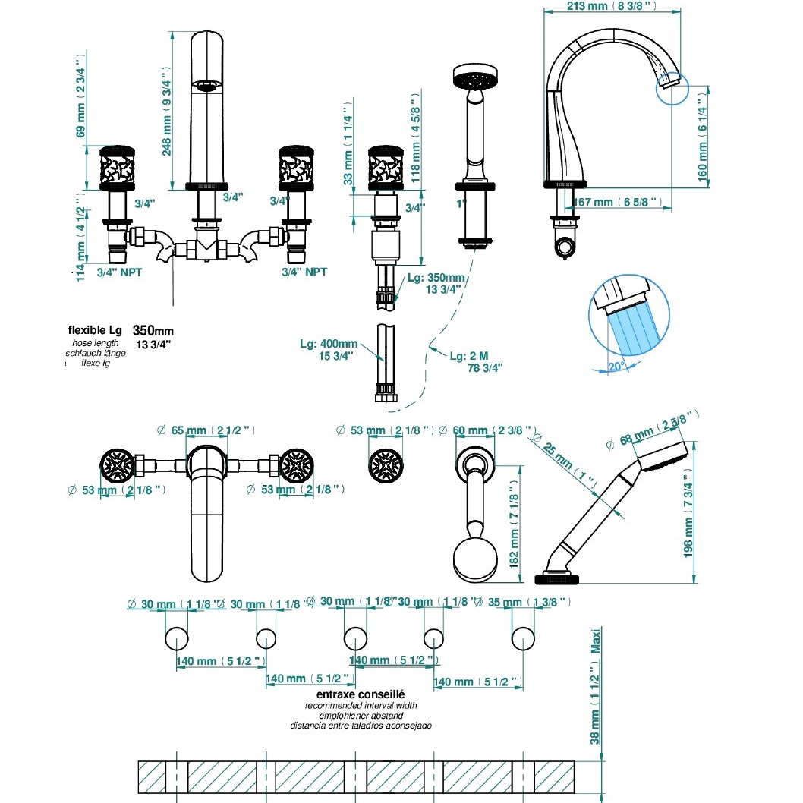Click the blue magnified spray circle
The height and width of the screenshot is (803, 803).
click(x=629, y=317)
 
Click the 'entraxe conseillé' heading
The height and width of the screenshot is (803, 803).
click(x=361, y=694)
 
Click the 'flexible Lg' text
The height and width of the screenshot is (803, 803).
click(x=95, y=331)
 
